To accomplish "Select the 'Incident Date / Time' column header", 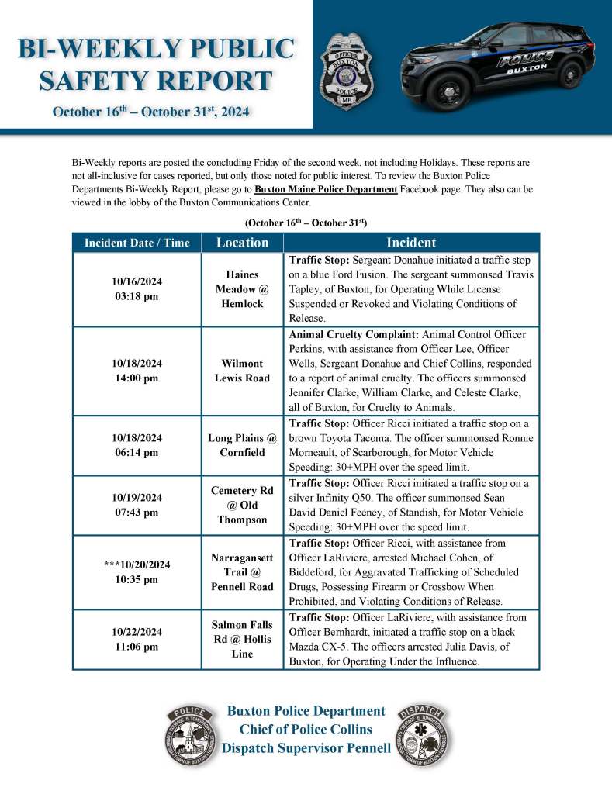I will coord(137,243).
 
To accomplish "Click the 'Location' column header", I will coord(242,243).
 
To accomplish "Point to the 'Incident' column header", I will coord(413,243).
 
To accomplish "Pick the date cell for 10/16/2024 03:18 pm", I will coord(137,289).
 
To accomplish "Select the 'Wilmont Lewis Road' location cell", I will coord(242,371).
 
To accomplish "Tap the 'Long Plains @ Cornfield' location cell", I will coord(242,445).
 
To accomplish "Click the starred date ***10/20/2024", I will coord(137,565).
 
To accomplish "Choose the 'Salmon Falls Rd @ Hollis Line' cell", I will coord(242,639).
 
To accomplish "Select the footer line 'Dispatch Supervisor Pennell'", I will coord(306,748).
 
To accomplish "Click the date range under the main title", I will coord(150,112).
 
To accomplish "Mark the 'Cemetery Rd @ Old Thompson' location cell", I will coord(242,505).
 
